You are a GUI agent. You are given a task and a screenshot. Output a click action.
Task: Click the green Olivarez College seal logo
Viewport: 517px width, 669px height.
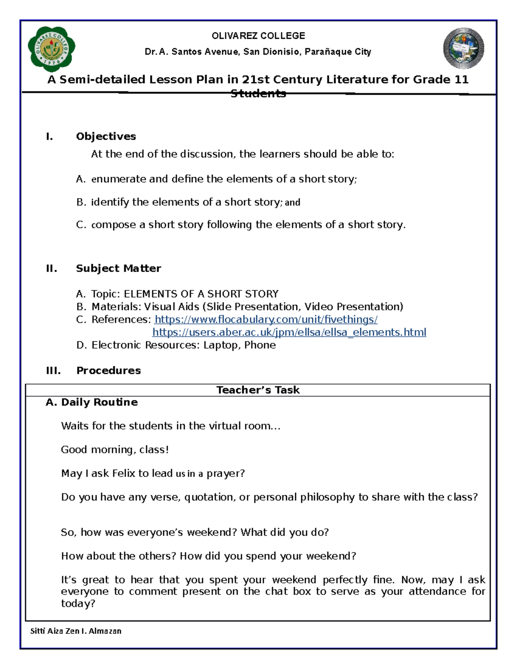click(51, 49)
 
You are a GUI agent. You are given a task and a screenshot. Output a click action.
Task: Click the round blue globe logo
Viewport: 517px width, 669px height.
click(464, 49)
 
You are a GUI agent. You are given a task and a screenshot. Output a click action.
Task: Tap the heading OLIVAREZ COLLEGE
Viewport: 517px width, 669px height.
click(258, 36)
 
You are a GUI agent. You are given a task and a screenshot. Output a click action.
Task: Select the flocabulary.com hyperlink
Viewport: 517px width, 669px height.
click(266, 320)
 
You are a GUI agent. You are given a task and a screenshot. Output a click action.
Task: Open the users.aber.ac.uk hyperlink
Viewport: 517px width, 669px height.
click(289, 333)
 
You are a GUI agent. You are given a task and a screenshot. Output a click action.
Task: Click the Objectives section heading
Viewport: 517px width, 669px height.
click(106, 137)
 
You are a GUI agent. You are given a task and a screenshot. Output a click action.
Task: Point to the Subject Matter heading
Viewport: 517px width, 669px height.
click(118, 268)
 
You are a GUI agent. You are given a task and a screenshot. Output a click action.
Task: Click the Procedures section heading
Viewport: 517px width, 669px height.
click(109, 370)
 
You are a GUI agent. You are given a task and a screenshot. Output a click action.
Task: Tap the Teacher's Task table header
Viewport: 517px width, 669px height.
click(258, 390)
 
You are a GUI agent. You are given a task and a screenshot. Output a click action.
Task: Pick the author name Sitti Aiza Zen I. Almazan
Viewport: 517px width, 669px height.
click(76, 631)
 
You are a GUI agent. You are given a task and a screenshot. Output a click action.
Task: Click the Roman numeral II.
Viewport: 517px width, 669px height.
click(51, 268)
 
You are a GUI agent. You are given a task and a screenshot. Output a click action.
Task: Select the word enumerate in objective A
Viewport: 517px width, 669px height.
click(118, 179)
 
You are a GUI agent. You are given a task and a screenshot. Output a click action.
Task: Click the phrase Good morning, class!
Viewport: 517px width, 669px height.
click(115, 450)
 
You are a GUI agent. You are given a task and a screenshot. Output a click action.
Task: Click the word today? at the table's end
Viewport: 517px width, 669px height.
click(78, 604)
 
